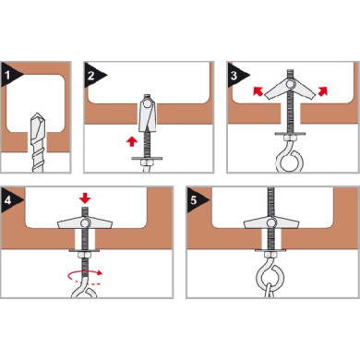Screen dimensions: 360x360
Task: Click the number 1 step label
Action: point(7,75)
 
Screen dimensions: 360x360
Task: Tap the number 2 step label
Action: point(90,76)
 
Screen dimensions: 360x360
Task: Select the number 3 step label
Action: point(234,76)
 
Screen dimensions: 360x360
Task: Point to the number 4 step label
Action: point(8,200)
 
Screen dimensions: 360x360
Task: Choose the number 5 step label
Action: point(193,200)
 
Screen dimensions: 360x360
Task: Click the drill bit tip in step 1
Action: point(38,114)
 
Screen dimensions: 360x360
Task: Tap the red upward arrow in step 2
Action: point(132,142)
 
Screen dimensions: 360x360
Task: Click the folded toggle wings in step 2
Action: point(148,113)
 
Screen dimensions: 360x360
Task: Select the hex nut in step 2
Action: point(146,162)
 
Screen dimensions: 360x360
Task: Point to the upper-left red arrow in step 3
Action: point(258,91)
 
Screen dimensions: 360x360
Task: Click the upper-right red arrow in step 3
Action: point(322,91)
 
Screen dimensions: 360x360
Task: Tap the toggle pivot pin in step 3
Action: point(290,84)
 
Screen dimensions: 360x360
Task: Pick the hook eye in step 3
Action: point(290,161)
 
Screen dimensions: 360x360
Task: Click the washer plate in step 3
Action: point(290,134)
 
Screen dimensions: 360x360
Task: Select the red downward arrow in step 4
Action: point(85,198)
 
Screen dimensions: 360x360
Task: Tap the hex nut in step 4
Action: point(84,255)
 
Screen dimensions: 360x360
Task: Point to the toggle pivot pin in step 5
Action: point(271,223)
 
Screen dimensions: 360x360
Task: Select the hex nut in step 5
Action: point(270,255)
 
